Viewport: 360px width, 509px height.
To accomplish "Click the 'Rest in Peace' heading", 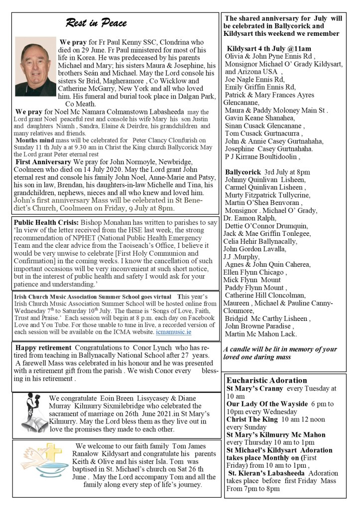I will (x=96, y=23).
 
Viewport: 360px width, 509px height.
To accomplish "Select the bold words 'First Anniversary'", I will (x=43, y=162).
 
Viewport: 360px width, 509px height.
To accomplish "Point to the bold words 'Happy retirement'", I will (x=43, y=347).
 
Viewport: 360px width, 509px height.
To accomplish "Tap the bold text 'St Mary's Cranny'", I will (x=255, y=388).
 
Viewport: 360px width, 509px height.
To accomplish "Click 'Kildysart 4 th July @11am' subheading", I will (x=269, y=49).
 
